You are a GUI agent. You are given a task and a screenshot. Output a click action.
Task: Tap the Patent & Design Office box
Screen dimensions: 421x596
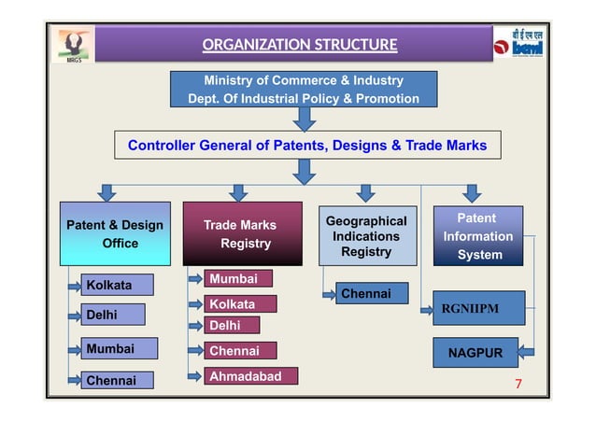[115, 234]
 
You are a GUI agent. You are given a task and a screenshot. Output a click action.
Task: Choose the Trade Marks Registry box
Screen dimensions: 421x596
[242, 234]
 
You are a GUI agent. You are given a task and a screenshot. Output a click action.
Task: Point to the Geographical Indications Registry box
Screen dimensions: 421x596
[365, 236]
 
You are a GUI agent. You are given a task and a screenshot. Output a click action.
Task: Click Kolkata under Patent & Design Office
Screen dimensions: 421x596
[116, 285]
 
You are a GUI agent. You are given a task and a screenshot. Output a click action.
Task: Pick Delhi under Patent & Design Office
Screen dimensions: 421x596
[111, 316]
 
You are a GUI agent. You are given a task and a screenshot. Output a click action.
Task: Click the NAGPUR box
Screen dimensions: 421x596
[475, 354]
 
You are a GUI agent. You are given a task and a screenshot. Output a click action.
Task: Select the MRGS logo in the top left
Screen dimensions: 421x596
[74, 45]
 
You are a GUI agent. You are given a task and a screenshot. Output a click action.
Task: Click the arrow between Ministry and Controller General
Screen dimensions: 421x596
[305, 119]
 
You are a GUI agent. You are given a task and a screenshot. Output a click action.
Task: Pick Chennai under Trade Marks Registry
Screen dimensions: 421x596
[240, 351]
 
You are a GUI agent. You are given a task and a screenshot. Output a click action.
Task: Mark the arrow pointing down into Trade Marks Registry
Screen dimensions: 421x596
[239, 192]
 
